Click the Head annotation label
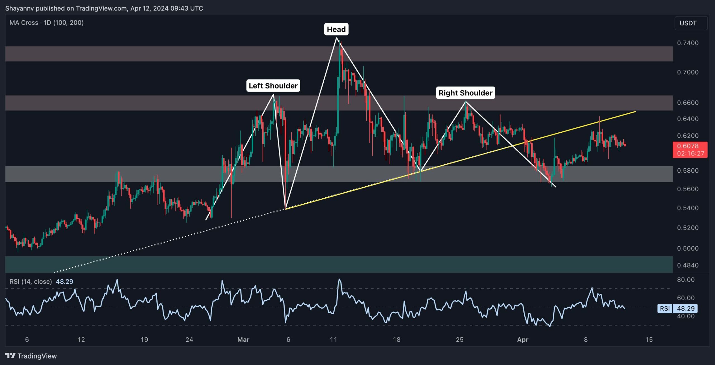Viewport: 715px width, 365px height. click(x=336, y=29)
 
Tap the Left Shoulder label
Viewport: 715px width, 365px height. click(x=273, y=86)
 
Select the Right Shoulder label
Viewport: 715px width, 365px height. click(x=465, y=93)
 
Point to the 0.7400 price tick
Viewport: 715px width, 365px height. click(x=688, y=43)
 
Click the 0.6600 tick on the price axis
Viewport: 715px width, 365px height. click(x=688, y=103)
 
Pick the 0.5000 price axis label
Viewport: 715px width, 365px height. click(x=688, y=248)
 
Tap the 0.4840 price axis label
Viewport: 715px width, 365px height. click(x=688, y=265)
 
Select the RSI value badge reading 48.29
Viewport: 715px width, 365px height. click(x=685, y=308)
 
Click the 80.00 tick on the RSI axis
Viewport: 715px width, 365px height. click(x=686, y=280)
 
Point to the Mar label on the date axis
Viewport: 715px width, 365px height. click(x=243, y=340)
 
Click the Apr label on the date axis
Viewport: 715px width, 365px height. click(x=523, y=340)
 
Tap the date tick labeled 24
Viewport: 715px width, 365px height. click(x=189, y=340)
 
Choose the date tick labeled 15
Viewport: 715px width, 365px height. click(x=649, y=340)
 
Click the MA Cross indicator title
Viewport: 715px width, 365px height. click(x=46, y=23)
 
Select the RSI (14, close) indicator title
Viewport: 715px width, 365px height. click(x=31, y=281)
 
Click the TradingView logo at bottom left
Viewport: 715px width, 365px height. click(x=31, y=356)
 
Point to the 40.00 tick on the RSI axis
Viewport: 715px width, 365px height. click(x=686, y=316)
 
